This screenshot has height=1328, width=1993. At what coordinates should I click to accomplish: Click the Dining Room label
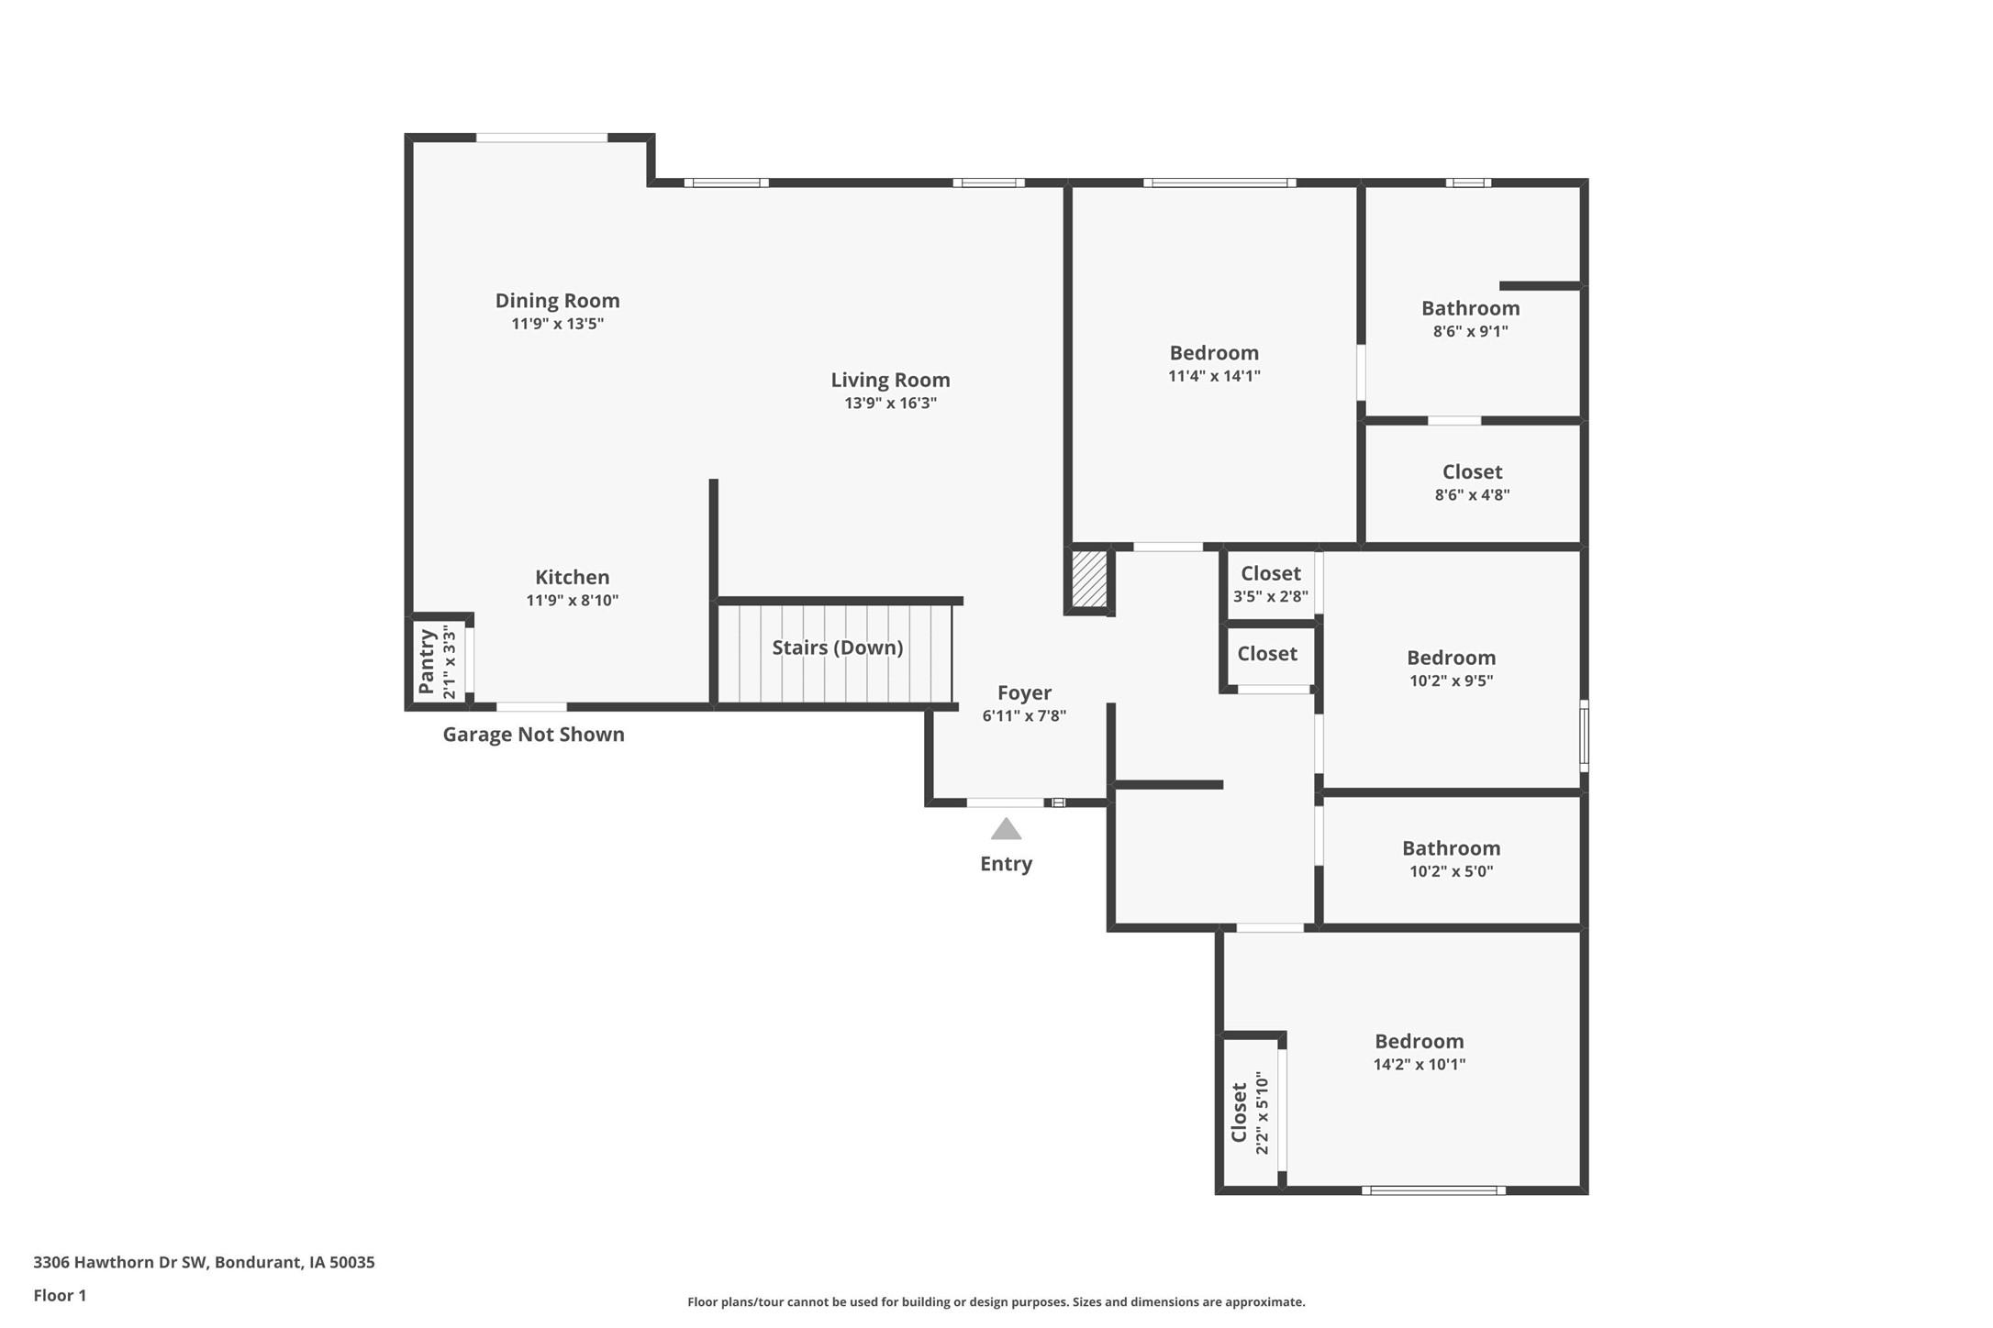pos(557,301)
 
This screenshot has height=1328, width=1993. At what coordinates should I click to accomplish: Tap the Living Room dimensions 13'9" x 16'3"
pos(890,404)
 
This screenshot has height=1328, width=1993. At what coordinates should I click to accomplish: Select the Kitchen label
pos(572,578)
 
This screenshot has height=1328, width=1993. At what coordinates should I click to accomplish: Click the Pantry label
pos(426,661)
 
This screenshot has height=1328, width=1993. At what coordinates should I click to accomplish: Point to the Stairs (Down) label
pos(837,647)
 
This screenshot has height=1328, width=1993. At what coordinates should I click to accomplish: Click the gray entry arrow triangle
pos(1006,830)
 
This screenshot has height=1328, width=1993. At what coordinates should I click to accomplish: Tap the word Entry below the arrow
pos(1006,864)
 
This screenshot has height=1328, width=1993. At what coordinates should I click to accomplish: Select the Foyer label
pos(1024,693)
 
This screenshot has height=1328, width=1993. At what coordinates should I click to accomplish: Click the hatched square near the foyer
pos(1089,579)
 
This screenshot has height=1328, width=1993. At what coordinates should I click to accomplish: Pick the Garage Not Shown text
pos(533,735)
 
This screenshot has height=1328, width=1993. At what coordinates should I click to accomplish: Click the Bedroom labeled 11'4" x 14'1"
pos(1214,353)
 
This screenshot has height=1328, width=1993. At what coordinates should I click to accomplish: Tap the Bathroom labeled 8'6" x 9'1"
pos(1470,309)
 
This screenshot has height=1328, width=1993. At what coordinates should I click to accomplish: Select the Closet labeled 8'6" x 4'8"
pos(1472,472)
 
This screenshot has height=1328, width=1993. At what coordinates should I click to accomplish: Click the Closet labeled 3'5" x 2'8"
pos(1270,574)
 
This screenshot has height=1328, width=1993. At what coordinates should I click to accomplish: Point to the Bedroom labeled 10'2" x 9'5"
pos(1451,658)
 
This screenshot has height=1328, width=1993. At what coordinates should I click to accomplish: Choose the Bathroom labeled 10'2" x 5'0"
pos(1451,849)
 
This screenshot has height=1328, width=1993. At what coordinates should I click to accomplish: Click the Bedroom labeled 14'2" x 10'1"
pos(1419,1042)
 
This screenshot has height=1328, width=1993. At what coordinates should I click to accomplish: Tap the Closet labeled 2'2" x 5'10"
pos(1240,1112)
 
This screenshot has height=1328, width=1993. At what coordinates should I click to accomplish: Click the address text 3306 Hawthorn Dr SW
pos(204,1262)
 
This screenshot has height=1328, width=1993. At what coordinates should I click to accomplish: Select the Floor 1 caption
pos(60,1296)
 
